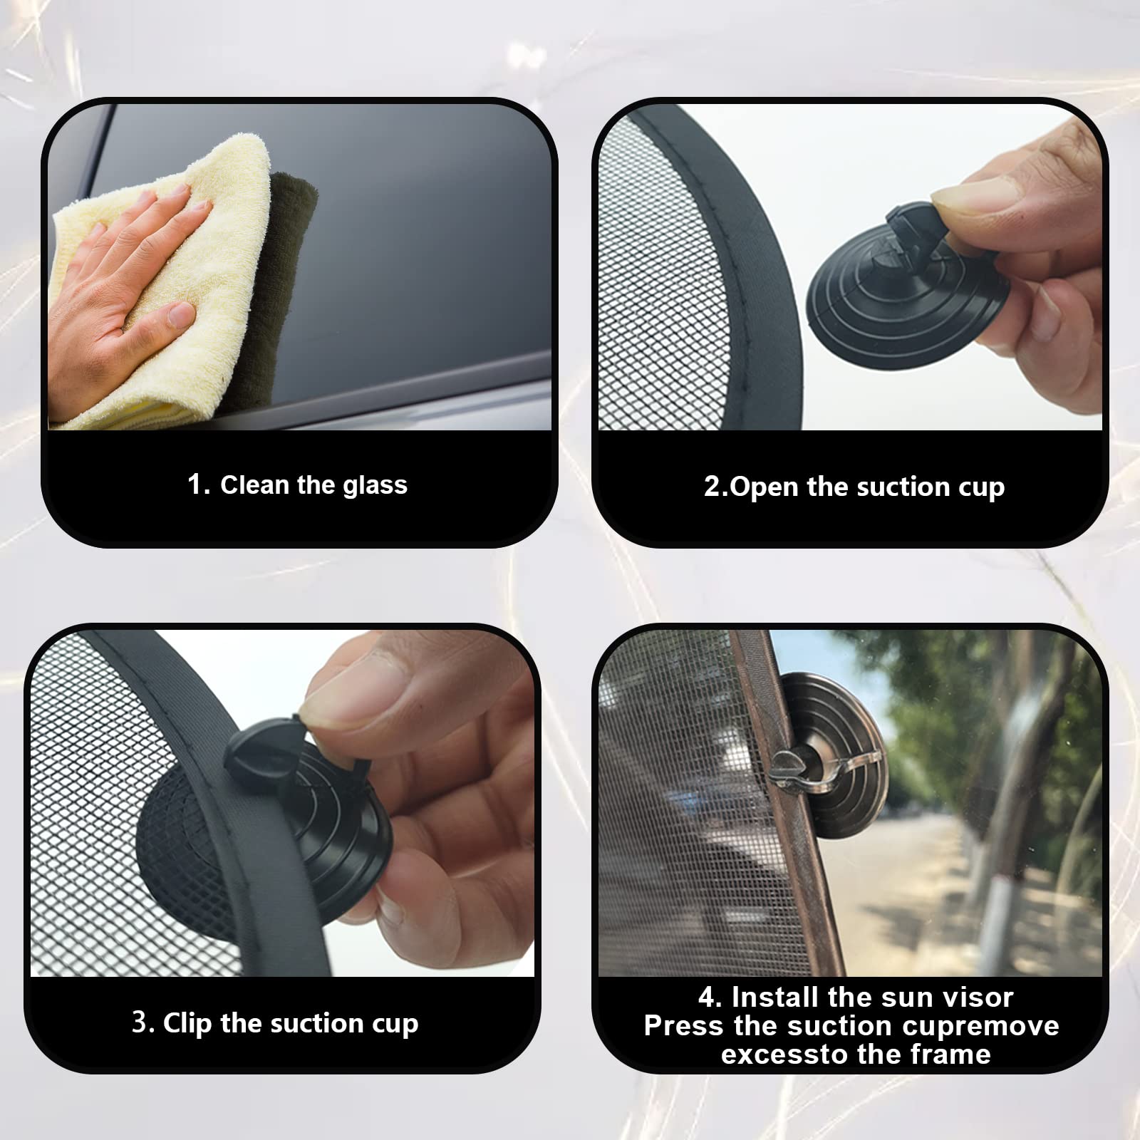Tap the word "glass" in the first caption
375,485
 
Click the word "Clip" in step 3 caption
188,1023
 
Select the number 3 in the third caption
140,1023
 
